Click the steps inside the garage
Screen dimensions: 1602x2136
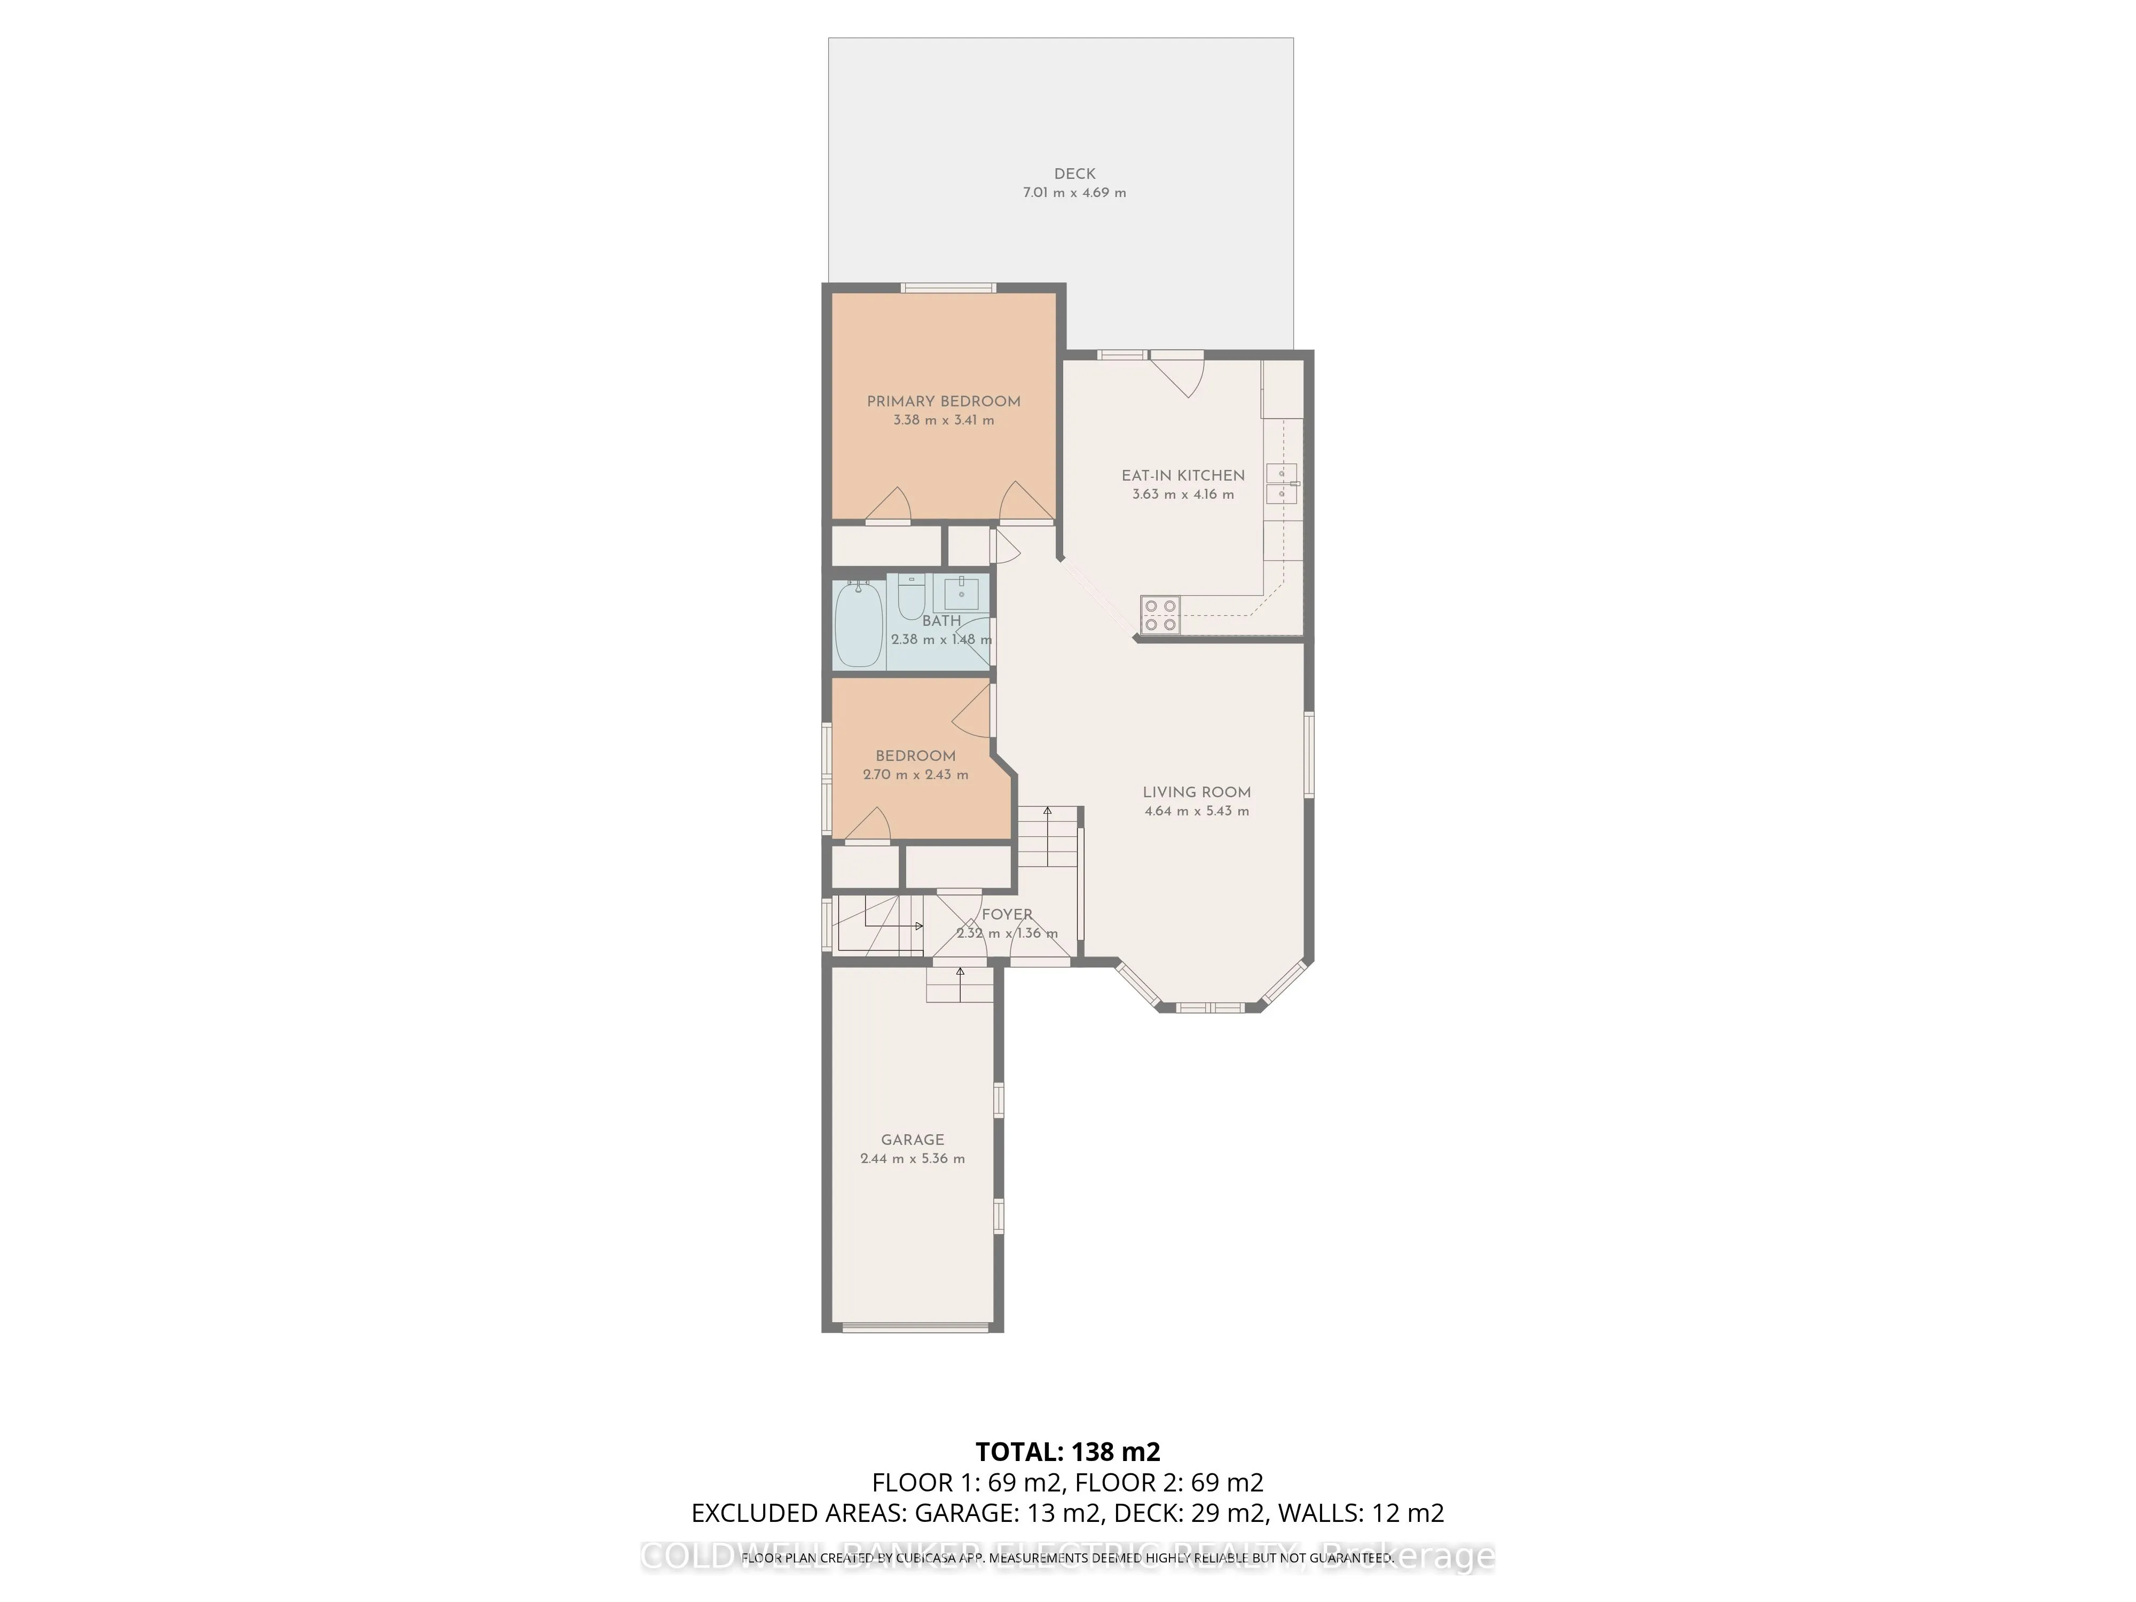(x=959, y=985)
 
